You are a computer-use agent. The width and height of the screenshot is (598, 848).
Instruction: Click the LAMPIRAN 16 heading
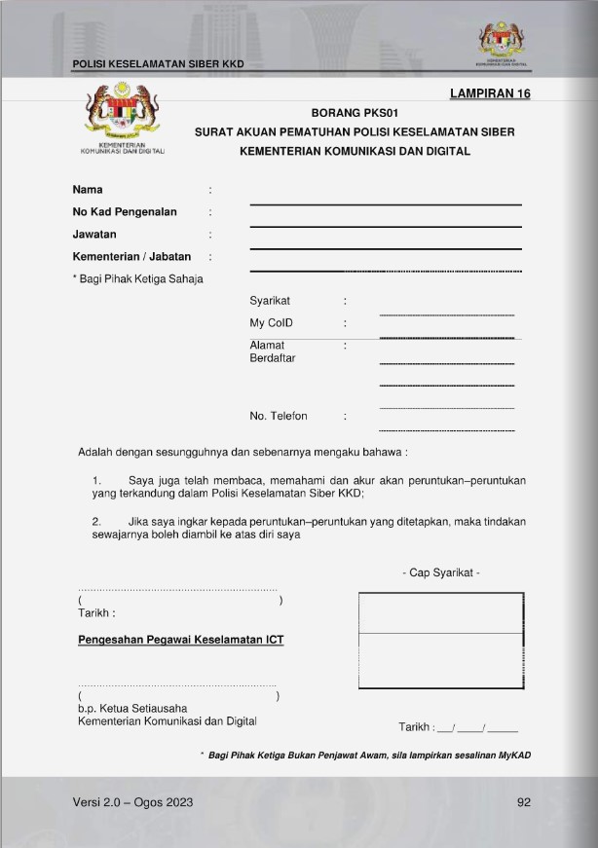pos(490,93)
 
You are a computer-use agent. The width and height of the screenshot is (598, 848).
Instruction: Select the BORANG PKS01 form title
pos(354,113)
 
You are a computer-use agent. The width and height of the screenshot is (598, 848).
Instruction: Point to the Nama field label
pos(88,190)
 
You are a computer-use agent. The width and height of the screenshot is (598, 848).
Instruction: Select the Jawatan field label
pos(94,235)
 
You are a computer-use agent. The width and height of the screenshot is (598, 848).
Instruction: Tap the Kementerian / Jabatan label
pos(131,257)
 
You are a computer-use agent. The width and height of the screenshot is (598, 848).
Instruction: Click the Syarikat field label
pos(270,302)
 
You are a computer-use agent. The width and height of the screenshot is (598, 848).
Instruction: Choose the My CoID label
pos(272,323)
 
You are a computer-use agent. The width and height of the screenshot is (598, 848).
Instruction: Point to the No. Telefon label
pos(279,417)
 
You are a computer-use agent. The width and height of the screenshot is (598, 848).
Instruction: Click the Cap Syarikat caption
pos(440,572)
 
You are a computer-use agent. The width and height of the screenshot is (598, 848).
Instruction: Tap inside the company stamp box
pos(440,633)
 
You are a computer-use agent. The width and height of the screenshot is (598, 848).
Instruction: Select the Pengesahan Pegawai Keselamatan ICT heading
pos(181,640)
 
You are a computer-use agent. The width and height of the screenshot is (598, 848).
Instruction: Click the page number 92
pos(524,802)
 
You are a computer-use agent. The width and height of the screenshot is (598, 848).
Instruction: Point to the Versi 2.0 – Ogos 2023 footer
pos(132,802)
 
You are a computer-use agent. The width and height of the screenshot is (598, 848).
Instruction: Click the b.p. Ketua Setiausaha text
pos(132,708)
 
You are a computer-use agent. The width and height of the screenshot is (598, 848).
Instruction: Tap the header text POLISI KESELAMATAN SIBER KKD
pos(158,64)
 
